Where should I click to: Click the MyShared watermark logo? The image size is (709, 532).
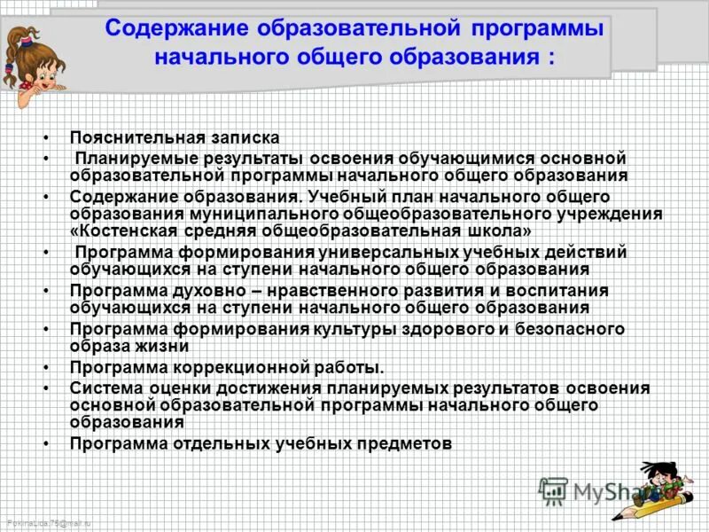(603, 490)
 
